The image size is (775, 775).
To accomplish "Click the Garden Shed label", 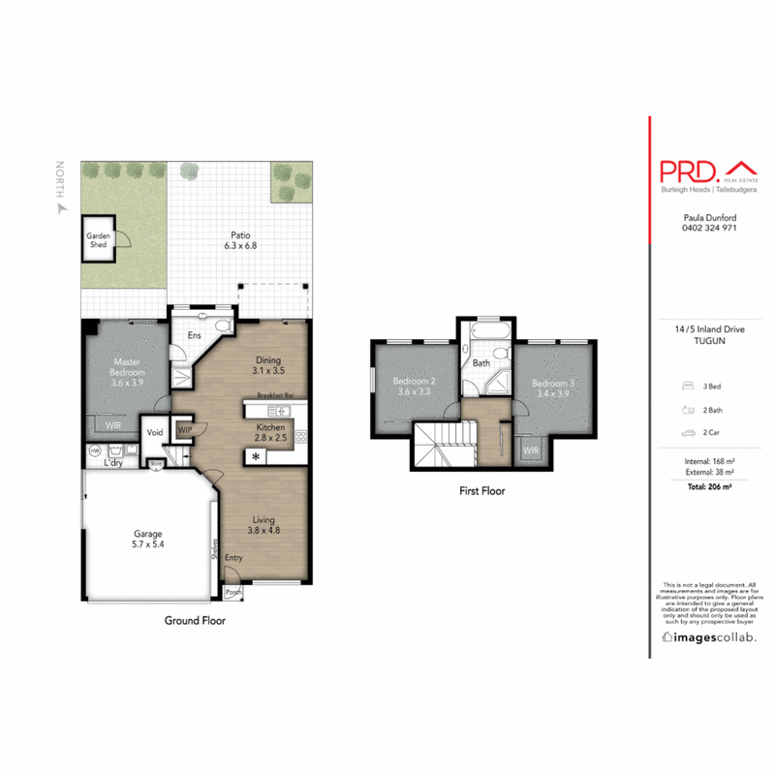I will coord(98,240).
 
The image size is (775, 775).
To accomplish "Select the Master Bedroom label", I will coord(126,373).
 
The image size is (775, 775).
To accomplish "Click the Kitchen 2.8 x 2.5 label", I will coord(269,432).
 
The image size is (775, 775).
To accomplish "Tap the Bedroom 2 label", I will coord(413,387).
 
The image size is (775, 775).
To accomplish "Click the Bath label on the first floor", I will coord(481,364).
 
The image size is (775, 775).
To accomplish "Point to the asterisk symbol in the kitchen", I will coord(256,457).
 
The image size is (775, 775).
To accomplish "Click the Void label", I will coord(155,433).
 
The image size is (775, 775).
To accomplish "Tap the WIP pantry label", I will coord(184,427).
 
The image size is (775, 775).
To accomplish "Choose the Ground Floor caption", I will coord(195,621).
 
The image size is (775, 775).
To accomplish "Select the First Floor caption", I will coord(481,491).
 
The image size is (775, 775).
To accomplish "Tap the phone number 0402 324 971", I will coord(710,229).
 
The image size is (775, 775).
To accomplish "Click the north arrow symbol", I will coord(60,206).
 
